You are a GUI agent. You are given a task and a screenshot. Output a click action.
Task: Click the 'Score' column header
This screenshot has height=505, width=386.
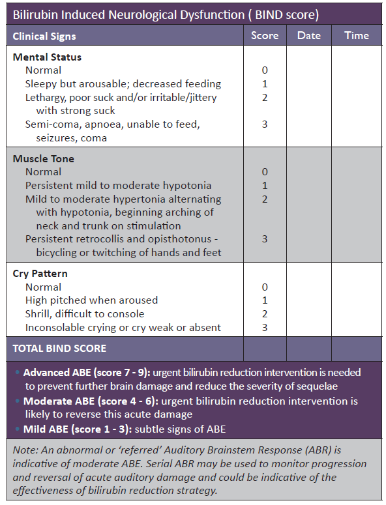tap(264, 36)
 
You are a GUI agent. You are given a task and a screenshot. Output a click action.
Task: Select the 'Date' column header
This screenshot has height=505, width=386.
tap(308, 36)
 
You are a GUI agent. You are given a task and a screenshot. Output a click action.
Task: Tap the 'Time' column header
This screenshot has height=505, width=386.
tap(356, 36)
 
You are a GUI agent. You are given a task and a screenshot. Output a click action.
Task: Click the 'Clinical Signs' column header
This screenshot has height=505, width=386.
tap(44, 36)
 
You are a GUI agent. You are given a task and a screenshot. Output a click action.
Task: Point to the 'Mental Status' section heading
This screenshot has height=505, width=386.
tap(47, 57)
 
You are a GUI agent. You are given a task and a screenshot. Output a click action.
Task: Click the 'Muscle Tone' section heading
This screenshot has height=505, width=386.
tap(44, 159)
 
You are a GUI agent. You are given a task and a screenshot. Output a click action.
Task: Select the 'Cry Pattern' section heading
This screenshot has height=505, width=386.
tap(40, 274)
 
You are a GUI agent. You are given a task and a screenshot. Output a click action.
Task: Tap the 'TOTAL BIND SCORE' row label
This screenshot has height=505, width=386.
tap(59, 349)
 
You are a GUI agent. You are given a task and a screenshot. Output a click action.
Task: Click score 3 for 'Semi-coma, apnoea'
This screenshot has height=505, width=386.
tap(264, 124)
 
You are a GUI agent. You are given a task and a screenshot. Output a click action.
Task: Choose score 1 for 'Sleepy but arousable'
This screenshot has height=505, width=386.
tap(264, 84)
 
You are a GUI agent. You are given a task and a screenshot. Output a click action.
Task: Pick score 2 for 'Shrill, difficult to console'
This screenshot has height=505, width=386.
tap(264, 314)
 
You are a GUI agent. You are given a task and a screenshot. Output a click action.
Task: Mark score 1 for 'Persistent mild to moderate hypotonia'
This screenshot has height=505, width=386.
tap(264, 186)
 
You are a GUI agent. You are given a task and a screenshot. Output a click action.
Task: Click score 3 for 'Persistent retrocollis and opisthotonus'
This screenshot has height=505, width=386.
tap(264, 239)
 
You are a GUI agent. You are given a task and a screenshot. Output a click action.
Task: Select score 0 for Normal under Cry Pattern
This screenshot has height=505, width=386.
tap(264, 287)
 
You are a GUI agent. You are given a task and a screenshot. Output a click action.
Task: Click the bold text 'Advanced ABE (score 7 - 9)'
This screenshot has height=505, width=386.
tap(87, 373)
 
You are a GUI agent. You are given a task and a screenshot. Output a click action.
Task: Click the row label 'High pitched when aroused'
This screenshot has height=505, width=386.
tap(91, 300)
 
